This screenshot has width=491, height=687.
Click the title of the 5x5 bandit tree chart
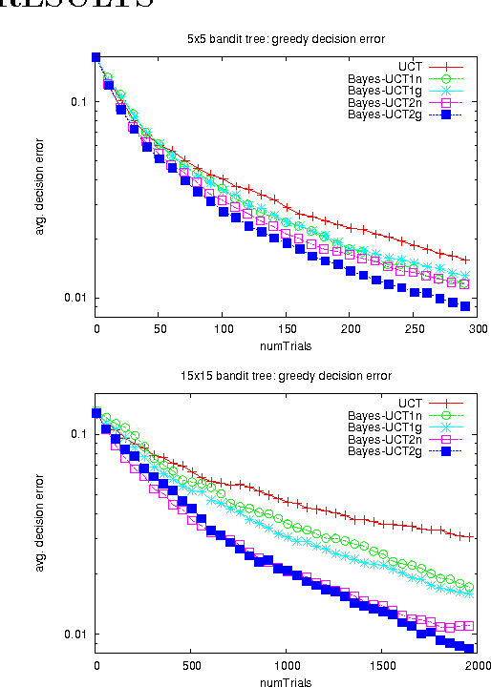tap(286, 39)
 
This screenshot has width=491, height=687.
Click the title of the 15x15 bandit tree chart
tap(286, 375)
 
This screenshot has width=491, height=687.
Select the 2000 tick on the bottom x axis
tap(478, 665)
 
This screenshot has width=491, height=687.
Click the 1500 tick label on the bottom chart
tap(382, 665)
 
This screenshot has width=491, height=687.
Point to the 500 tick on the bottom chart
tap(192, 665)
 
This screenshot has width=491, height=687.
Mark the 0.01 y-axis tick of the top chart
tap(75, 298)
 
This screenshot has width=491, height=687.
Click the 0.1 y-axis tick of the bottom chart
tap(79, 433)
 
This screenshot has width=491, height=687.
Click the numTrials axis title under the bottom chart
tap(286, 680)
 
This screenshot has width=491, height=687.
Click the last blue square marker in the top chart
tap(465, 305)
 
